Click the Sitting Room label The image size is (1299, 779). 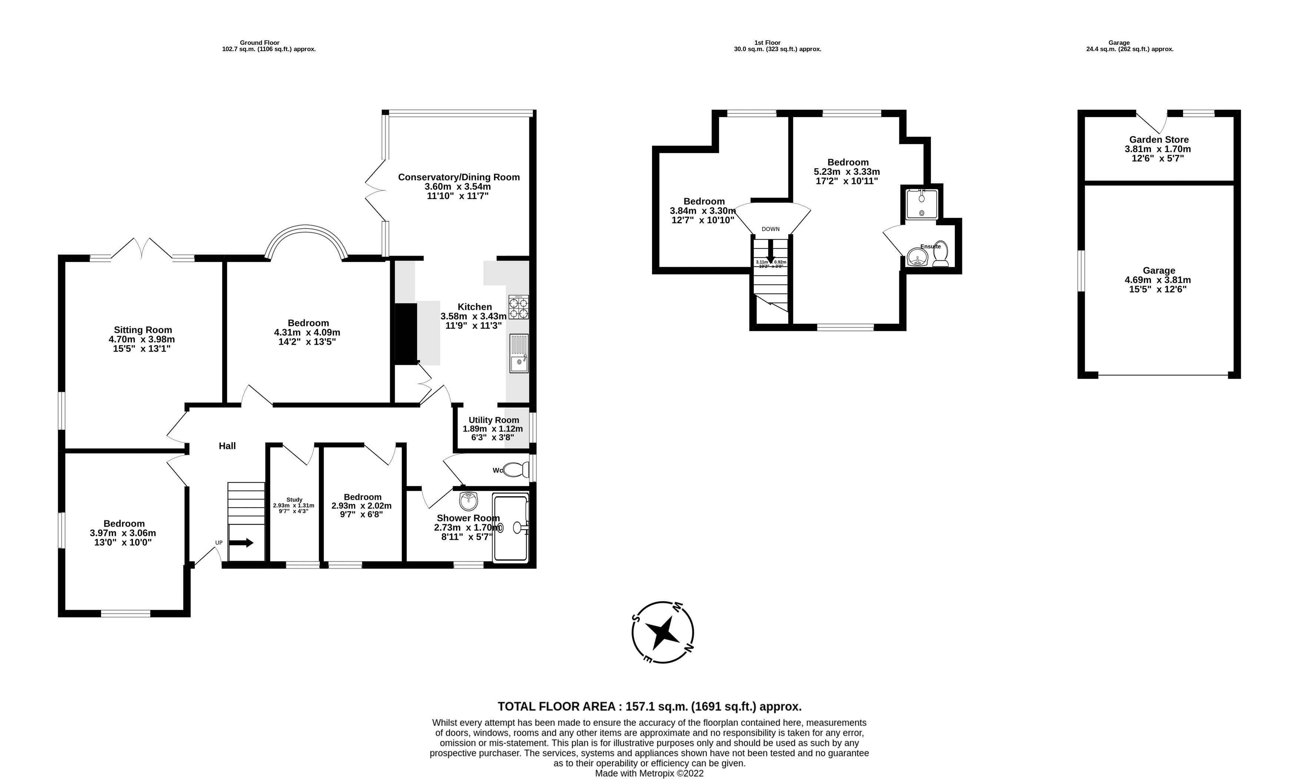click(x=143, y=330)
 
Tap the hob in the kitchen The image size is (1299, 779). click(x=518, y=307)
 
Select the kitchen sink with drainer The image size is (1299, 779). click(x=519, y=353)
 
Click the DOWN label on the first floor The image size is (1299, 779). click(x=770, y=229)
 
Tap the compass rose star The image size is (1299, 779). click(x=662, y=632)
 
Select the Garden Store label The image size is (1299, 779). click(x=1159, y=140)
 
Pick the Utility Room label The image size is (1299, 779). click(x=493, y=420)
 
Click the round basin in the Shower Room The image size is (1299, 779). click(x=468, y=501)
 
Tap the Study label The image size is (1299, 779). click(x=294, y=500)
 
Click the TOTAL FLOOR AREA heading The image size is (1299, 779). click(x=649, y=706)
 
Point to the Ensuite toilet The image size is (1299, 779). click(x=940, y=254)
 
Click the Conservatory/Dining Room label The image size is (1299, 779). click(x=458, y=177)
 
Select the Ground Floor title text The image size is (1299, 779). click(x=259, y=43)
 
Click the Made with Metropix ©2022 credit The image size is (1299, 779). click(x=649, y=773)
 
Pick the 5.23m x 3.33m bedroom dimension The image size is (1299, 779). click(x=847, y=172)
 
